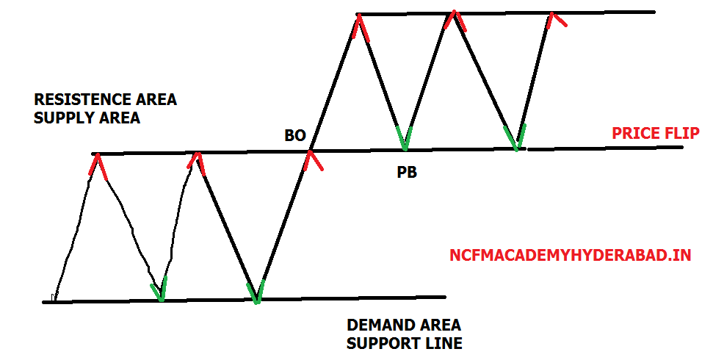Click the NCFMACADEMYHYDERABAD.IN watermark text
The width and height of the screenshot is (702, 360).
point(570,256)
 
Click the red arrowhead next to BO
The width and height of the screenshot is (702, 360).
point(311,160)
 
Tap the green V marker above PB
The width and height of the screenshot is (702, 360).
point(403,137)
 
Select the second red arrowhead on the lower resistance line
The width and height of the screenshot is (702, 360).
point(195,162)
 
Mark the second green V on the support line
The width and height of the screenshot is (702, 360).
point(255,292)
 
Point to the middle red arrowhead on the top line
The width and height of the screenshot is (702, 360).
point(455,21)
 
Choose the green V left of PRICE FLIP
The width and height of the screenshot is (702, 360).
point(517,137)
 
